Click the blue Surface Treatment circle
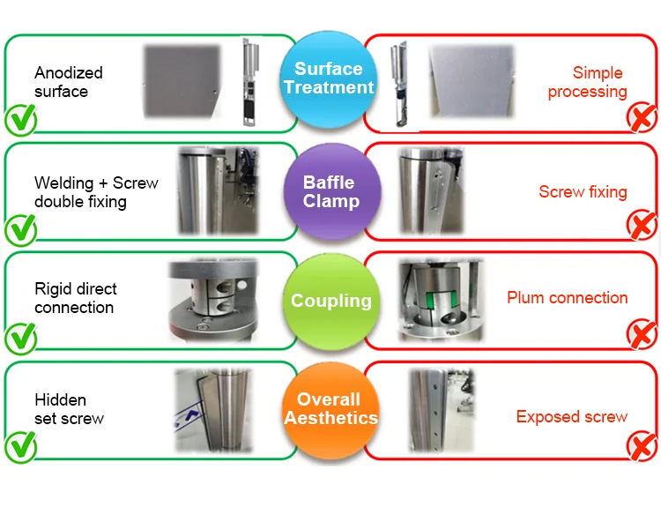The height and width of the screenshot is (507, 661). (x=329, y=77)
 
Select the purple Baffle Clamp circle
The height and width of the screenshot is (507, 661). (x=329, y=190)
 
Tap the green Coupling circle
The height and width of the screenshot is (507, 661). (x=330, y=301)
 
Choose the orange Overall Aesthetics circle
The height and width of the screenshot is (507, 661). (x=330, y=409)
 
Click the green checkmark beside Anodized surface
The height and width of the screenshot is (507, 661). (x=21, y=118)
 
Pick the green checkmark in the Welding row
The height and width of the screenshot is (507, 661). (x=21, y=229)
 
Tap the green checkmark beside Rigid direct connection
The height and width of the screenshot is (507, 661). (x=21, y=338)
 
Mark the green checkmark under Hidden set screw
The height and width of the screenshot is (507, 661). (x=21, y=447)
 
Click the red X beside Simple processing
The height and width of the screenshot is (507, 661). (x=641, y=118)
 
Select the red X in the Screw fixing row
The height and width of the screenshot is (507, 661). (x=641, y=227)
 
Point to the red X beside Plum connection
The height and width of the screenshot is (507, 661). (x=641, y=336)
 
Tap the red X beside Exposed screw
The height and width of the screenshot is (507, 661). (x=641, y=446)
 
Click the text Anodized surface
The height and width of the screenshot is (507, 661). (x=69, y=82)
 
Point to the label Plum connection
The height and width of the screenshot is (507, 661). (x=567, y=298)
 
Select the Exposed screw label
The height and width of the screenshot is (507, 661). (x=571, y=417)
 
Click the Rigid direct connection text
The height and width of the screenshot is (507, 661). (x=75, y=298)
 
